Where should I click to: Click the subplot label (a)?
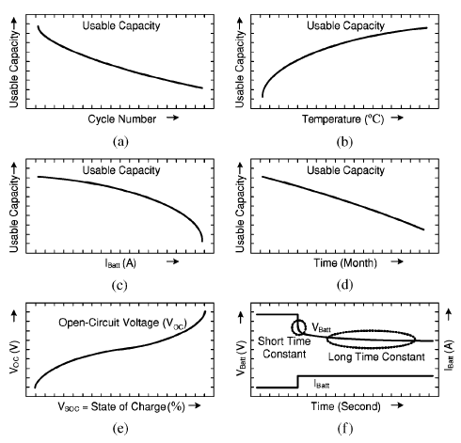click(120, 142)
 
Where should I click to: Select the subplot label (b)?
click(344, 142)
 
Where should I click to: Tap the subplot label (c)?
click(119, 285)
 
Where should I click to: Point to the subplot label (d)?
click(344, 285)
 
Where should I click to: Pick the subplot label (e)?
click(120, 428)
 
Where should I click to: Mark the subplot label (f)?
click(345, 428)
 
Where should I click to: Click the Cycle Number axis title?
click(122, 119)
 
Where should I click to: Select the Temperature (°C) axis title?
click(343, 119)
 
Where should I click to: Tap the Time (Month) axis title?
click(345, 262)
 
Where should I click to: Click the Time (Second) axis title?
click(345, 406)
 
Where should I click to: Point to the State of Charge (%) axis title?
click(137, 406)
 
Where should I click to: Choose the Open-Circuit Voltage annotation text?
click(122, 323)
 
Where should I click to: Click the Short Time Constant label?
click(284, 347)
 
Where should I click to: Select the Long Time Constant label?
click(376, 356)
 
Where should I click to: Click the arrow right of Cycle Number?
click(172, 118)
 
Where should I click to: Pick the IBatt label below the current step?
click(322, 384)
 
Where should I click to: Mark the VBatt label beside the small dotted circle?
click(322, 327)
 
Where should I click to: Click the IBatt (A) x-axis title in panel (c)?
click(120, 263)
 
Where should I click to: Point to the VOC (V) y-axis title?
click(14, 356)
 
